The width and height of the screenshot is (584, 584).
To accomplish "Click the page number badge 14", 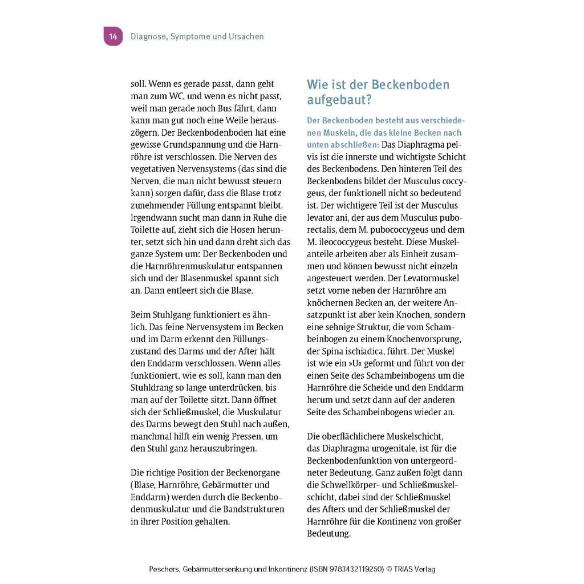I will point(113,36).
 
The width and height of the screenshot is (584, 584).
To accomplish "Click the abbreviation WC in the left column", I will point(185,96).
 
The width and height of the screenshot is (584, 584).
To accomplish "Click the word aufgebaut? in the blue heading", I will point(339,100).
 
